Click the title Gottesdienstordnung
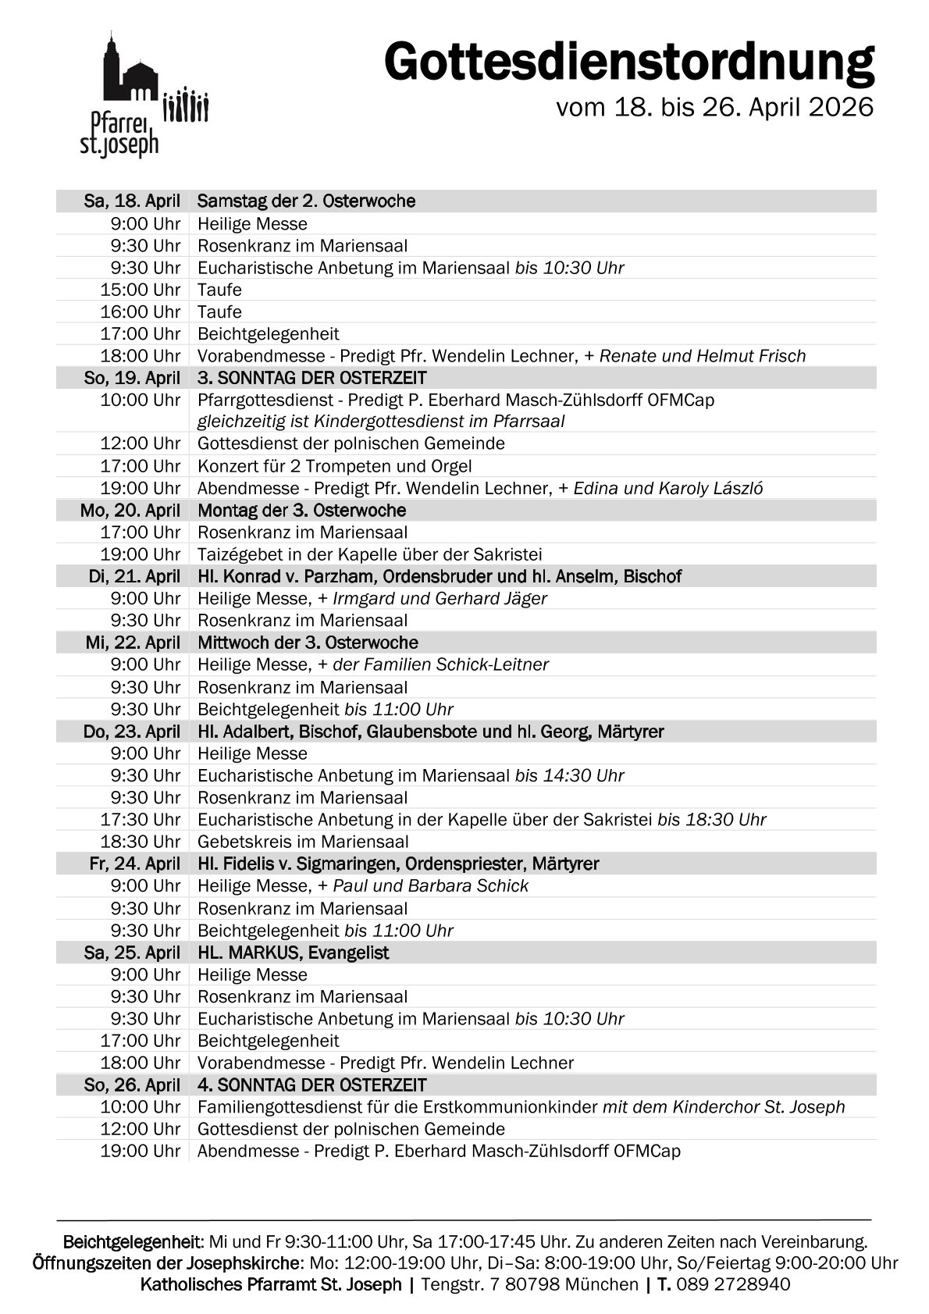tap(628, 62)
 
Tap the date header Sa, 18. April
tap(132, 201)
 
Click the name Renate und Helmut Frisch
tap(702, 356)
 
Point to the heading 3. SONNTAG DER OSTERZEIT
tap(311, 379)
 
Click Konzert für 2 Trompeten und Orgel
tap(334, 466)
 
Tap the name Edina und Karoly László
tap(668, 489)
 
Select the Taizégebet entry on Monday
tap(369, 554)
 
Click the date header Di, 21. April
tap(134, 577)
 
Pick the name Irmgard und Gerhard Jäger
tap(440, 599)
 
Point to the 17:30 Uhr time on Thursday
tap(141, 820)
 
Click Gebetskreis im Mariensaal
tap(303, 842)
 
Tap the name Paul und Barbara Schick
tap(430, 886)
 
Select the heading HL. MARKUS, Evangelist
tap(293, 953)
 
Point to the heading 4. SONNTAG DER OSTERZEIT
tap(311, 1085)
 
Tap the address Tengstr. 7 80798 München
tap(529, 1284)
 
